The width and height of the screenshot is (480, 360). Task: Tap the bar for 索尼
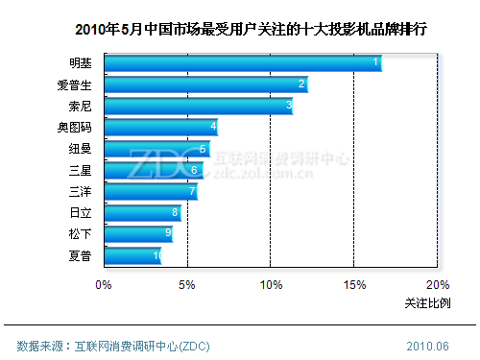click(x=198, y=106)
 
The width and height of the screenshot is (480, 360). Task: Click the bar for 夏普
click(x=132, y=255)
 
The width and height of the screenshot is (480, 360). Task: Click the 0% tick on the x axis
click(x=104, y=284)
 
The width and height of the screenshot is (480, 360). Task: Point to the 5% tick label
click(x=187, y=284)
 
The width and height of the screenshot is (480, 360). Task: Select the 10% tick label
click(x=271, y=284)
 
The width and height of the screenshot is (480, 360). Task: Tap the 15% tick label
click(x=354, y=284)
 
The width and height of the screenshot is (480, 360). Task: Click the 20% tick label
click(x=437, y=284)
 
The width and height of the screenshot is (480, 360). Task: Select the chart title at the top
click(x=240, y=30)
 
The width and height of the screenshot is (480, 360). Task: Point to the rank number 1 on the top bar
click(x=375, y=62)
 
